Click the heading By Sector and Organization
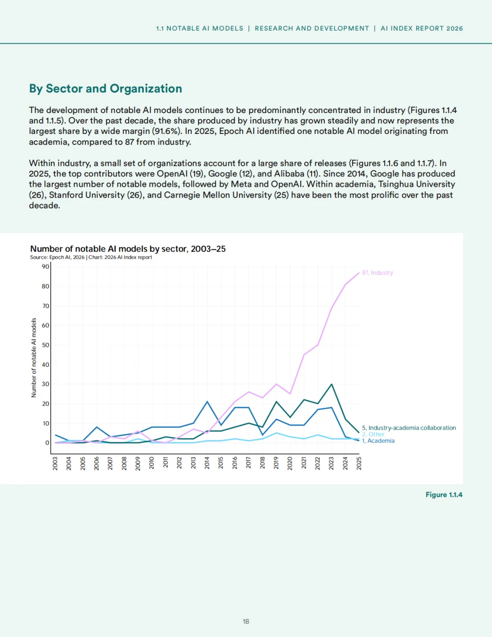click(105, 88)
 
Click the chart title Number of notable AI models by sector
click(128, 249)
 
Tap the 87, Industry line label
click(377, 272)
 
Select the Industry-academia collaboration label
click(409, 428)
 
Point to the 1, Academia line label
click(378, 441)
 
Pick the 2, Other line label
click(373, 434)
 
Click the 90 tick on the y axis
click(46, 267)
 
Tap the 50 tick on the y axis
click(46, 345)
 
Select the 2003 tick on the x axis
click(55, 463)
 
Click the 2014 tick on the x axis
click(207, 463)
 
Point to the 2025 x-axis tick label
click(359, 463)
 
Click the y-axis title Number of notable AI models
click(34, 358)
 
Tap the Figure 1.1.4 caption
click(444, 495)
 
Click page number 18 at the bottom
click(246, 622)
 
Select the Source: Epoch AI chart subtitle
click(91, 257)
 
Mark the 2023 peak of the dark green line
click(331, 384)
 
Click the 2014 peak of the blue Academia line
click(207, 401)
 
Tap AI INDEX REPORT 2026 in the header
click(422, 28)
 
